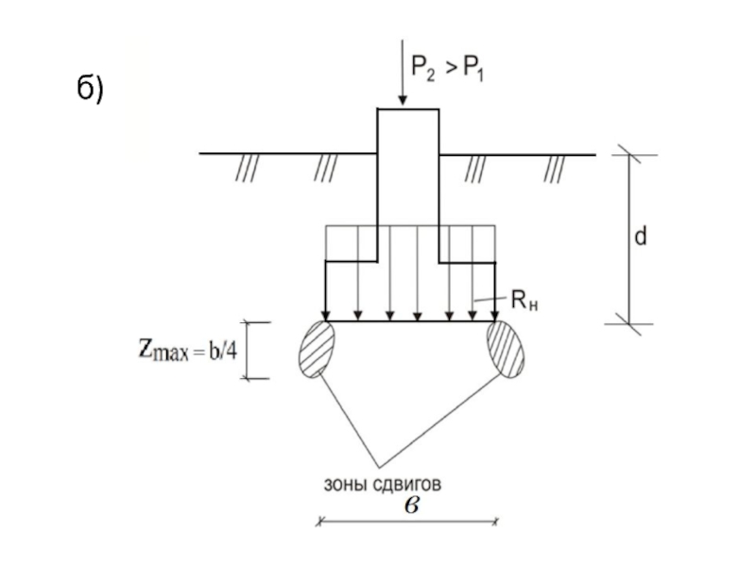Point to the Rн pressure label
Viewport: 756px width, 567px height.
(523, 301)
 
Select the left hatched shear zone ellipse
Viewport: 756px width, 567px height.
(316, 350)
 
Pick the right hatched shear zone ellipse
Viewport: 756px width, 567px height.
(506, 350)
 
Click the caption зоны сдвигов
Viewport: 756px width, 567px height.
(383, 484)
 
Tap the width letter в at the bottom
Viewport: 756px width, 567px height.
(412, 504)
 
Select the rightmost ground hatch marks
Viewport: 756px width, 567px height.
(555, 168)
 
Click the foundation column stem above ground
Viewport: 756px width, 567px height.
(408, 132)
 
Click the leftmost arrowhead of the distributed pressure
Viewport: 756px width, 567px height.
(325, 316)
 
